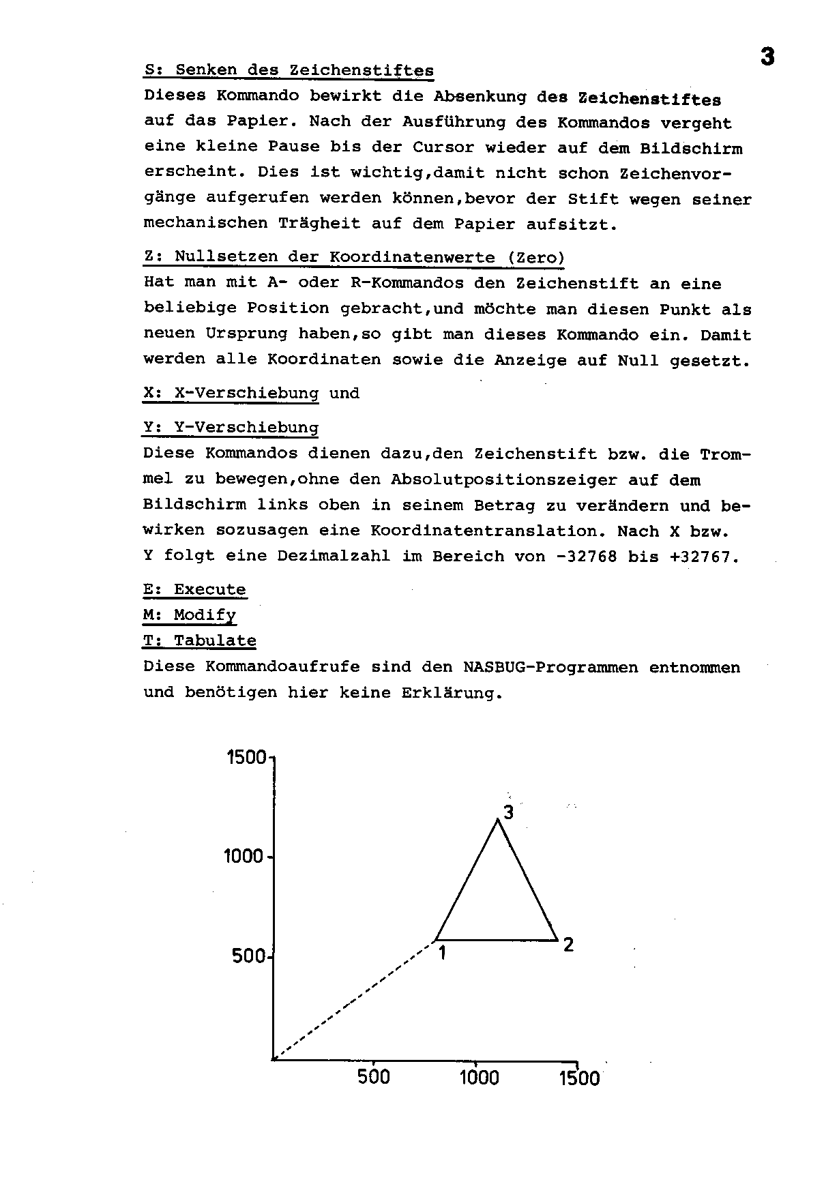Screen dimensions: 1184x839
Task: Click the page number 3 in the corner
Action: pyautogui.click(x=767, y=57)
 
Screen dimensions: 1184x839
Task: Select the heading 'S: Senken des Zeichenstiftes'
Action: pyautogui.click(x=289, y=70)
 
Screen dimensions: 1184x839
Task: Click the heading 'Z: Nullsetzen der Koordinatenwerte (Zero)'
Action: pyautogui.click(x=354, y=258)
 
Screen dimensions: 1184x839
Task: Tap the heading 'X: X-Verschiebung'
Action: pyautogui.click(x=231, y=394)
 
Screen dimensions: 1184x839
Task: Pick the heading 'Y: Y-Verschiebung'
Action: pyautogui.click(x=231, y=428)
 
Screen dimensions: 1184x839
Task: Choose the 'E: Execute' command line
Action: pyautogui.click(x=194, y=589)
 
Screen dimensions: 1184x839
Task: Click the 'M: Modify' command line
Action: pyautogui.click(x=190, y=615)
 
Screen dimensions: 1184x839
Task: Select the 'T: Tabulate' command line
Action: pyautogui.click(x=199, y=640)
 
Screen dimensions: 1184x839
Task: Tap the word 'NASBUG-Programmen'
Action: pyautogui.click(x=550, y=666)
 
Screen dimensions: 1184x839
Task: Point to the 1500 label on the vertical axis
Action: pyautogui.click(x=246, y=757)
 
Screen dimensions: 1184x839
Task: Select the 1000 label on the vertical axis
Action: pyautogui.click(x=244, y=856)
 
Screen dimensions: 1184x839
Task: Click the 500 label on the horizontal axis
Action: pyautogui.click(x=374, y=1078)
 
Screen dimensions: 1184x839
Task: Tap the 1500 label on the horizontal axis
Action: pyautogui.click(x=579, y=1078)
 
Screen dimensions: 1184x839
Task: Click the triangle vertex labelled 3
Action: pyautogui.click(x=498, y=819)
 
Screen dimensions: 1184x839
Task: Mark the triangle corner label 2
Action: pyautogui.click(x=568, y=945)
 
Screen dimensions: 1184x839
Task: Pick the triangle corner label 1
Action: pyautogui.click(x=442, y=953)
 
